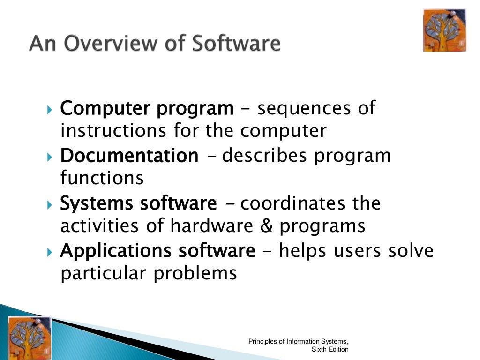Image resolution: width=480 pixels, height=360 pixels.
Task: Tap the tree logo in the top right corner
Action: [445, 30]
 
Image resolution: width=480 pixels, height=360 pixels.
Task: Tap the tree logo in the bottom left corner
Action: [29, 337]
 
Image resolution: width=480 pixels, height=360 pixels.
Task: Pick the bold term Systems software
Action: [139, 204]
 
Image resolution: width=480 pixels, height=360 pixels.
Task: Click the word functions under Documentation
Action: [102, 178]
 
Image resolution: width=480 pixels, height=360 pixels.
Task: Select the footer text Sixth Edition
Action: [330, 349]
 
